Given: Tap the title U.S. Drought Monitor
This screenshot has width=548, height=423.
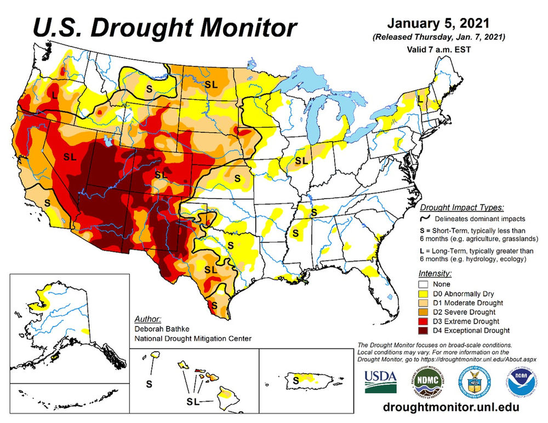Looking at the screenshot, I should pos(164,26).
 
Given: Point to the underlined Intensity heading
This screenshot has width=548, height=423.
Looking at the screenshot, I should pos(435,273).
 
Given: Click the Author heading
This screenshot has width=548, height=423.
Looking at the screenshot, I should pos(147,319).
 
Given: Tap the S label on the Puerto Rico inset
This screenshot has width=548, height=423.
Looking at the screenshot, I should pos(296,379).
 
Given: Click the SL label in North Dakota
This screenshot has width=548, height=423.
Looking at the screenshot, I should pos(210,84).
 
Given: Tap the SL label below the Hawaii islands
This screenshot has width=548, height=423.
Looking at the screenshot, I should pos(192,402).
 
